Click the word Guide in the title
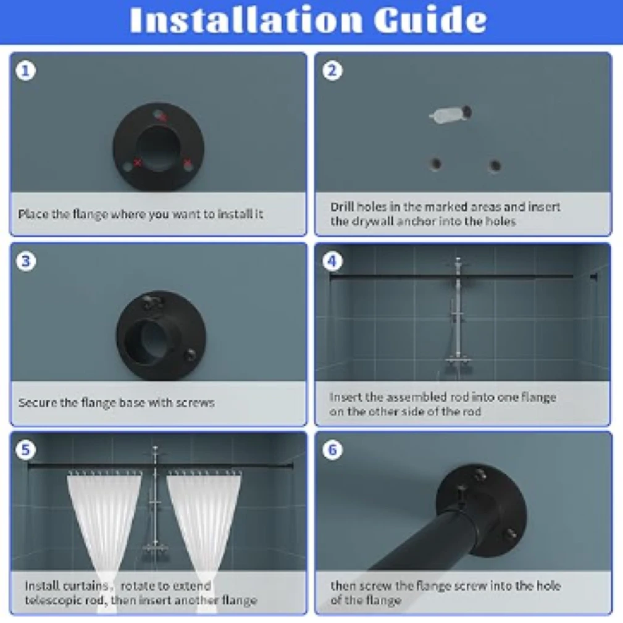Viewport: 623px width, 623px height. [430, 19]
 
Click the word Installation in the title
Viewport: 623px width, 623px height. [246, 19]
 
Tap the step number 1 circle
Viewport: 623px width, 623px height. [26, 71]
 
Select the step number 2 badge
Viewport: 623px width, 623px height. [332, 71]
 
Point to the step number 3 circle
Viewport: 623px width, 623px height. [26, 261]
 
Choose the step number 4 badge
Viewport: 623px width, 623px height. [332, 261]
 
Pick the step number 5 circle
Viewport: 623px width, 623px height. [26, 449]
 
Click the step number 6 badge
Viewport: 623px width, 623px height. [332, 449]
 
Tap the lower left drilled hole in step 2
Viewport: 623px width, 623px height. [436, 164]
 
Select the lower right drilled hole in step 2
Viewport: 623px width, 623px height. [495, 165]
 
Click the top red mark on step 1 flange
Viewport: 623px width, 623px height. [161, 116]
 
